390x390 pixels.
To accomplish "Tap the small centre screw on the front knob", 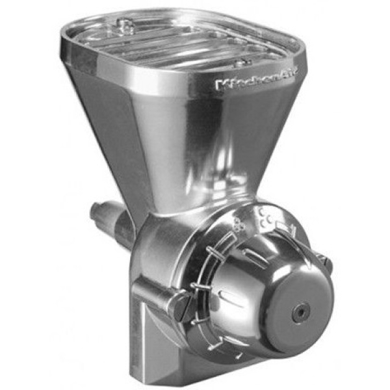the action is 301,311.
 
